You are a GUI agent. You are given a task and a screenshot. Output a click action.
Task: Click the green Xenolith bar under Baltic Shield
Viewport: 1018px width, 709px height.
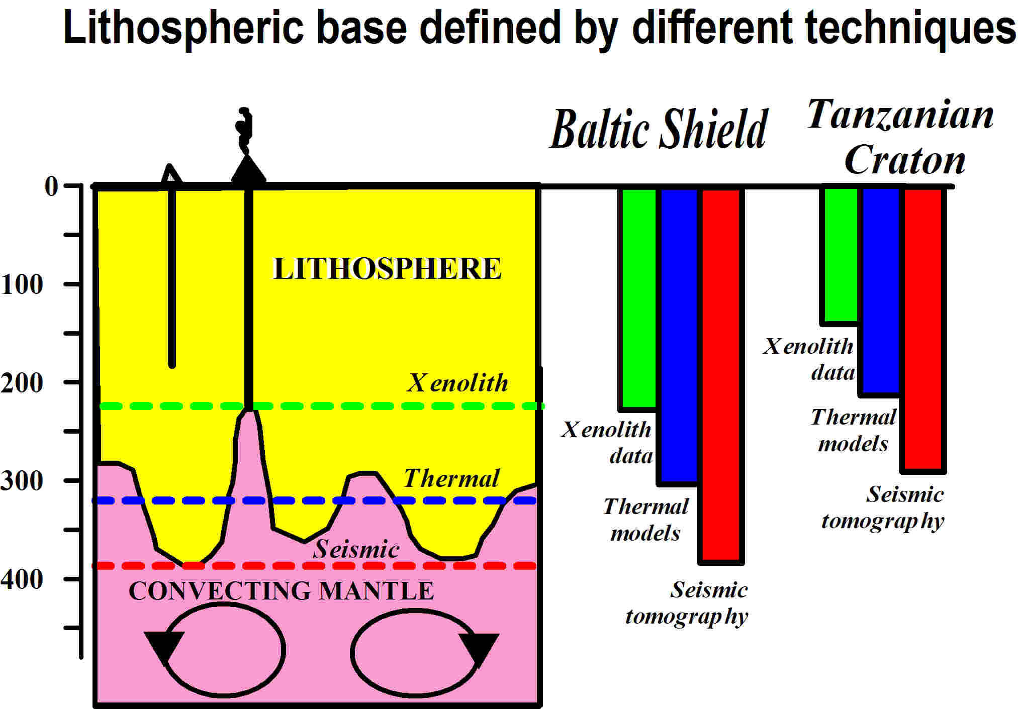click(x=639, y=298)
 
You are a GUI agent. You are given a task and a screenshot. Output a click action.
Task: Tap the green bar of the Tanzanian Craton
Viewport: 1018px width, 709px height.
click(x=841, y=256)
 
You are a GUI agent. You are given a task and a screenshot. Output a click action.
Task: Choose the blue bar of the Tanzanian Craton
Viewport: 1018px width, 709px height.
click(x=881, y=291)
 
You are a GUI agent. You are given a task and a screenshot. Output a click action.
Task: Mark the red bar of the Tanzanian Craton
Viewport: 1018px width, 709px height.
click(x=923, y=330)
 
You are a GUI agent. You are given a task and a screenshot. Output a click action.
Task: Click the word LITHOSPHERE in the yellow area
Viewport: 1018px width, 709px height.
click(x=387, y=268)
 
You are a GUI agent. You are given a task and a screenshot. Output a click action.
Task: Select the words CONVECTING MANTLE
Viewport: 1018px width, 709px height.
click(x=282, y=590)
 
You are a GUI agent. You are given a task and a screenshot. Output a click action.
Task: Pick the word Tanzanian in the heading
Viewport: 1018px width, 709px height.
click(x=900, y=114)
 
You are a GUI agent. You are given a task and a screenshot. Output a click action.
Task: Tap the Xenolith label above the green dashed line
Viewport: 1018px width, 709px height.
click(x=457, y=383)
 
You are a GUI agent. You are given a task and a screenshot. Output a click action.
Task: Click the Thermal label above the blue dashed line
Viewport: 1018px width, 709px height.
click(x=451, y=478)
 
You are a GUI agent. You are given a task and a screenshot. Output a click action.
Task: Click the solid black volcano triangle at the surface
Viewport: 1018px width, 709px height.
click(x=248, y=170)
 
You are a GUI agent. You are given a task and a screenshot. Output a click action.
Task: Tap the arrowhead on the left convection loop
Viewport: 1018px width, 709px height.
click(x=164, y=648)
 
